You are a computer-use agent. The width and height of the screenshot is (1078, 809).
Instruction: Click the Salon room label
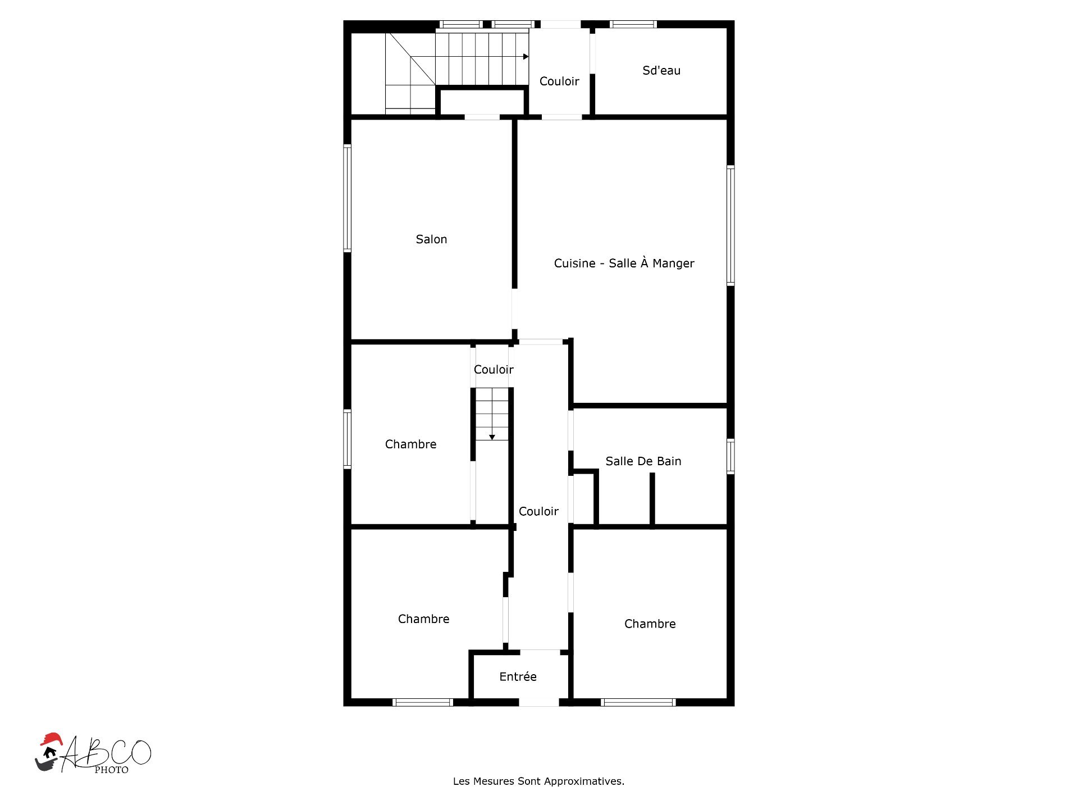[x=431, y=239]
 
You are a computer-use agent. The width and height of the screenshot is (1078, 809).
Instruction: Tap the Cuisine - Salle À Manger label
[x=624, y=263]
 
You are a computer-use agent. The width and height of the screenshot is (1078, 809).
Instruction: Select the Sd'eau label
[x=661, y=70]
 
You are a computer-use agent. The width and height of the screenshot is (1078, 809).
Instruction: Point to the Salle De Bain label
[x=643, y=461]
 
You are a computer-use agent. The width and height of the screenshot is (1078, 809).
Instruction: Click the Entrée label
[x=518, y=676]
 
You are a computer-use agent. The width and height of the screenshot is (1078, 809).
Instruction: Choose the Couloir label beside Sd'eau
[x=559, y=81]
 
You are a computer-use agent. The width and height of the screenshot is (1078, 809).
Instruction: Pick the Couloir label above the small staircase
[x=494, y=369]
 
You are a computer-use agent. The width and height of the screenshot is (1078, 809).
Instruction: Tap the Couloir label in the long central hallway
[x=538, y=511]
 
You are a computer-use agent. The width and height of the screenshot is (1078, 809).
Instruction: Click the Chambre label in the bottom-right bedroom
[x=650, y=624]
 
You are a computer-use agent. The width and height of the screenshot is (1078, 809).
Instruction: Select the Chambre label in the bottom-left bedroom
[x=424, y=619]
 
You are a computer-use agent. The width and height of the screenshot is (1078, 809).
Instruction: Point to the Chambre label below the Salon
[x=410, y=444]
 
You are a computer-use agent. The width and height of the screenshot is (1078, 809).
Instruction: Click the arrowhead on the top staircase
[x=526, y=57]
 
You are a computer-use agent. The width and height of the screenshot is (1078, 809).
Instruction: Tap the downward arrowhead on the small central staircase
[x=492, y=437]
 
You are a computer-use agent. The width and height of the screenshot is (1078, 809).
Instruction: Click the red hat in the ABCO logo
[x=51, y=739]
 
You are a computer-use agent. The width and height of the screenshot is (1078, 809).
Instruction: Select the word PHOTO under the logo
[x=111, y=770]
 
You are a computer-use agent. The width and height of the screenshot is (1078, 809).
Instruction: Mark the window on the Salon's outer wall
[x=348, y=198]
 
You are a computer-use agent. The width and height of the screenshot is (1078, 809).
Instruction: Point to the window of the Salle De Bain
[x=730, y=456]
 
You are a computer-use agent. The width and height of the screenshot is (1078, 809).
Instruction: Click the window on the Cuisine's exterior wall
[x=730, y=225]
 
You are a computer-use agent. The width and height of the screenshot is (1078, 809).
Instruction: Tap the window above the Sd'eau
[x=633, y=24]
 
